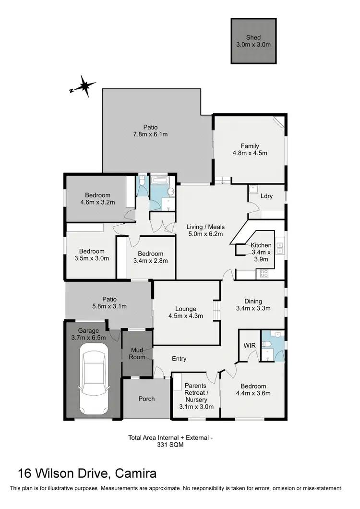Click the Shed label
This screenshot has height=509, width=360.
click(253, 37)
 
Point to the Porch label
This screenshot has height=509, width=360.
click(146, 399)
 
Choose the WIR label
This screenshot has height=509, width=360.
click(250, 345)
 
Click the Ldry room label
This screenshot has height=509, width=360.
click(267, 196)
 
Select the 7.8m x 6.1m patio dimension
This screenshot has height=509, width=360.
click(150, 134)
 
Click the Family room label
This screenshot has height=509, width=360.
click(250, 146)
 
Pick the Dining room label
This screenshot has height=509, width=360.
click(254, 301)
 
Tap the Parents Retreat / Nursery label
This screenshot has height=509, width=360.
click(195, 392)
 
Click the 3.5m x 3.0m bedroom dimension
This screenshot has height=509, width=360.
click(92, 258)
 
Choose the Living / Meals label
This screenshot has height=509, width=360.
click(205, 227)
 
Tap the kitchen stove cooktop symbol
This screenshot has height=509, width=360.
click(264, 274)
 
